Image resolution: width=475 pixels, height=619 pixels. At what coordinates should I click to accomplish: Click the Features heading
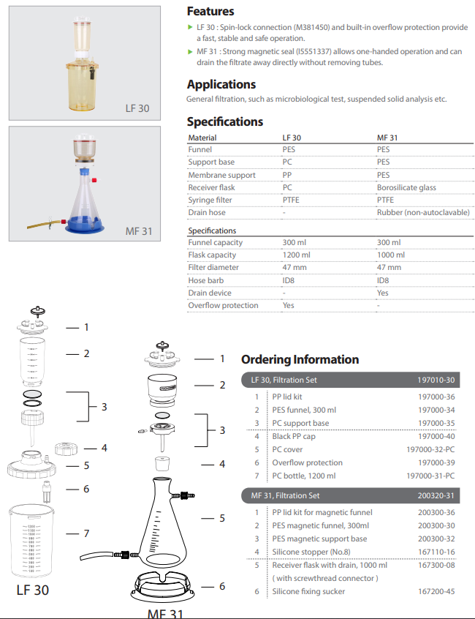(x=210, y=12)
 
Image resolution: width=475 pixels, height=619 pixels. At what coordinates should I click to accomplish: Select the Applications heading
(x=221, y=84)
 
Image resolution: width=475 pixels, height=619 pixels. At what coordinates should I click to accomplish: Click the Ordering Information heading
(x=300, y=359)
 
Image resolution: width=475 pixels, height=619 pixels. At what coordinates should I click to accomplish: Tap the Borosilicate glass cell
(x=406, y=187)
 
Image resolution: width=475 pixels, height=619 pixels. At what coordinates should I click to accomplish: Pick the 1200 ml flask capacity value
(x=296, y=255)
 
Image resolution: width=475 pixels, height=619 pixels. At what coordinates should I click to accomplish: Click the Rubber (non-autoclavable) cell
(x=423, y=212)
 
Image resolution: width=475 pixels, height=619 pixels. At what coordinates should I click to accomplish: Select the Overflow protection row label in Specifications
(x=223, y=305)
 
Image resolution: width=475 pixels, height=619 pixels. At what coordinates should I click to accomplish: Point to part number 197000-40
(x=436, y=436)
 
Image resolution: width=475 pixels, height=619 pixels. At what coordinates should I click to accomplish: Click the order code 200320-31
(x=436, y=495)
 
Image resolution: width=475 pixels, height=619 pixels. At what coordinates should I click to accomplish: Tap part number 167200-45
(x=436, y=591)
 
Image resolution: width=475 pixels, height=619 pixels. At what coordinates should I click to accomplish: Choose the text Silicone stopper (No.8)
(x=311, y=552)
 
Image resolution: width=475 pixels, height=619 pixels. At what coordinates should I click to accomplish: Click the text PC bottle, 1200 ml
(x=304, y=476)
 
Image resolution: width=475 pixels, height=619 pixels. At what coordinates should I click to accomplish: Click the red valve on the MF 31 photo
(x=94, y=180)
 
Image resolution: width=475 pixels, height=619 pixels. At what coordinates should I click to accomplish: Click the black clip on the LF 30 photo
(x=92, y=73)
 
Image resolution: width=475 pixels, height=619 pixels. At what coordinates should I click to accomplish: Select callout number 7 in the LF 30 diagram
(x=87, y=533)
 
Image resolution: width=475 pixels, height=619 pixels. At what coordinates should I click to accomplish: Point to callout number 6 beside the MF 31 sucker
(x=222, y=586)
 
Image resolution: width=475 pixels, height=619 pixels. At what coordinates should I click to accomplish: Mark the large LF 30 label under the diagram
(x=33, y=590)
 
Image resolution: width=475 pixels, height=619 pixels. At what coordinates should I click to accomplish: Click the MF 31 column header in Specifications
(x=387, y=138)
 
